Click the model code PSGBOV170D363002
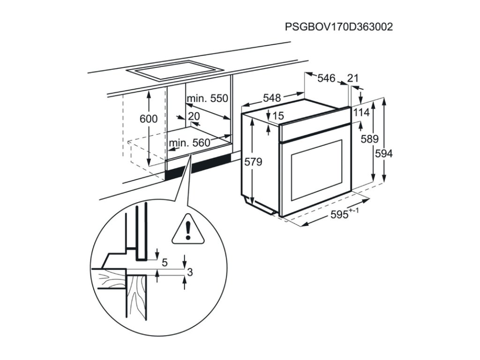(x=338, y=27)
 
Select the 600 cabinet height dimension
(x=149, y=119)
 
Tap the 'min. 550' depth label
(x=207, y=98)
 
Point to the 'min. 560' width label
(x=189, y=143)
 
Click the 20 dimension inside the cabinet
(x=194, y=116)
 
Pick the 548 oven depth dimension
(x=271, y=98)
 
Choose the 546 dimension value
(x=326, y=78)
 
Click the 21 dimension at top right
(x=353, y=78)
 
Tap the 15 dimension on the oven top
(x=278, y=116)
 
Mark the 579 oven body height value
(x=253, y=162)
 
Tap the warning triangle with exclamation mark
(x=187, y=231)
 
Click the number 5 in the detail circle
(x=165, y=262)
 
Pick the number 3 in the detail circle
(x=190, y=272)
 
